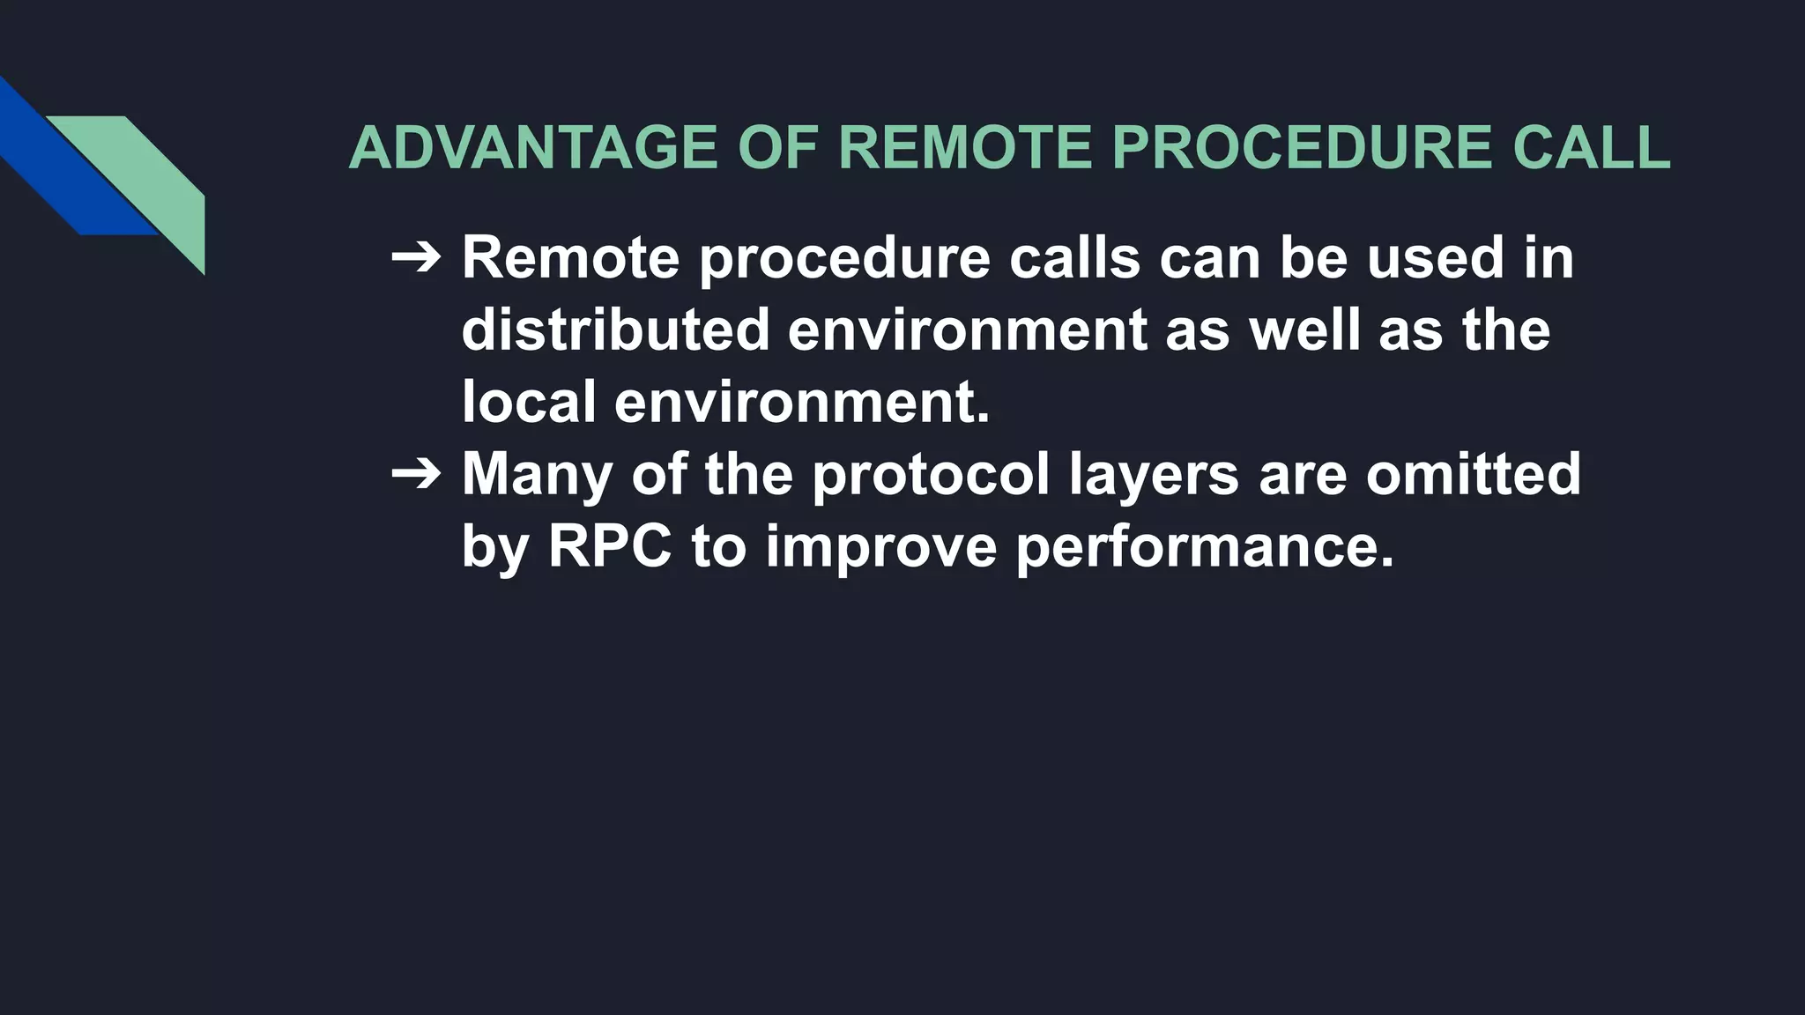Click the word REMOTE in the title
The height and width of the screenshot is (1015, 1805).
[965, 147]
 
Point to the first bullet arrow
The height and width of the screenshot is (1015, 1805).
[416, 258]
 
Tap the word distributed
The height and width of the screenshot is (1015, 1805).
[615, 330]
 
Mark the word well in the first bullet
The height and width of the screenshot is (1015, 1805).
[1304, 330]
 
